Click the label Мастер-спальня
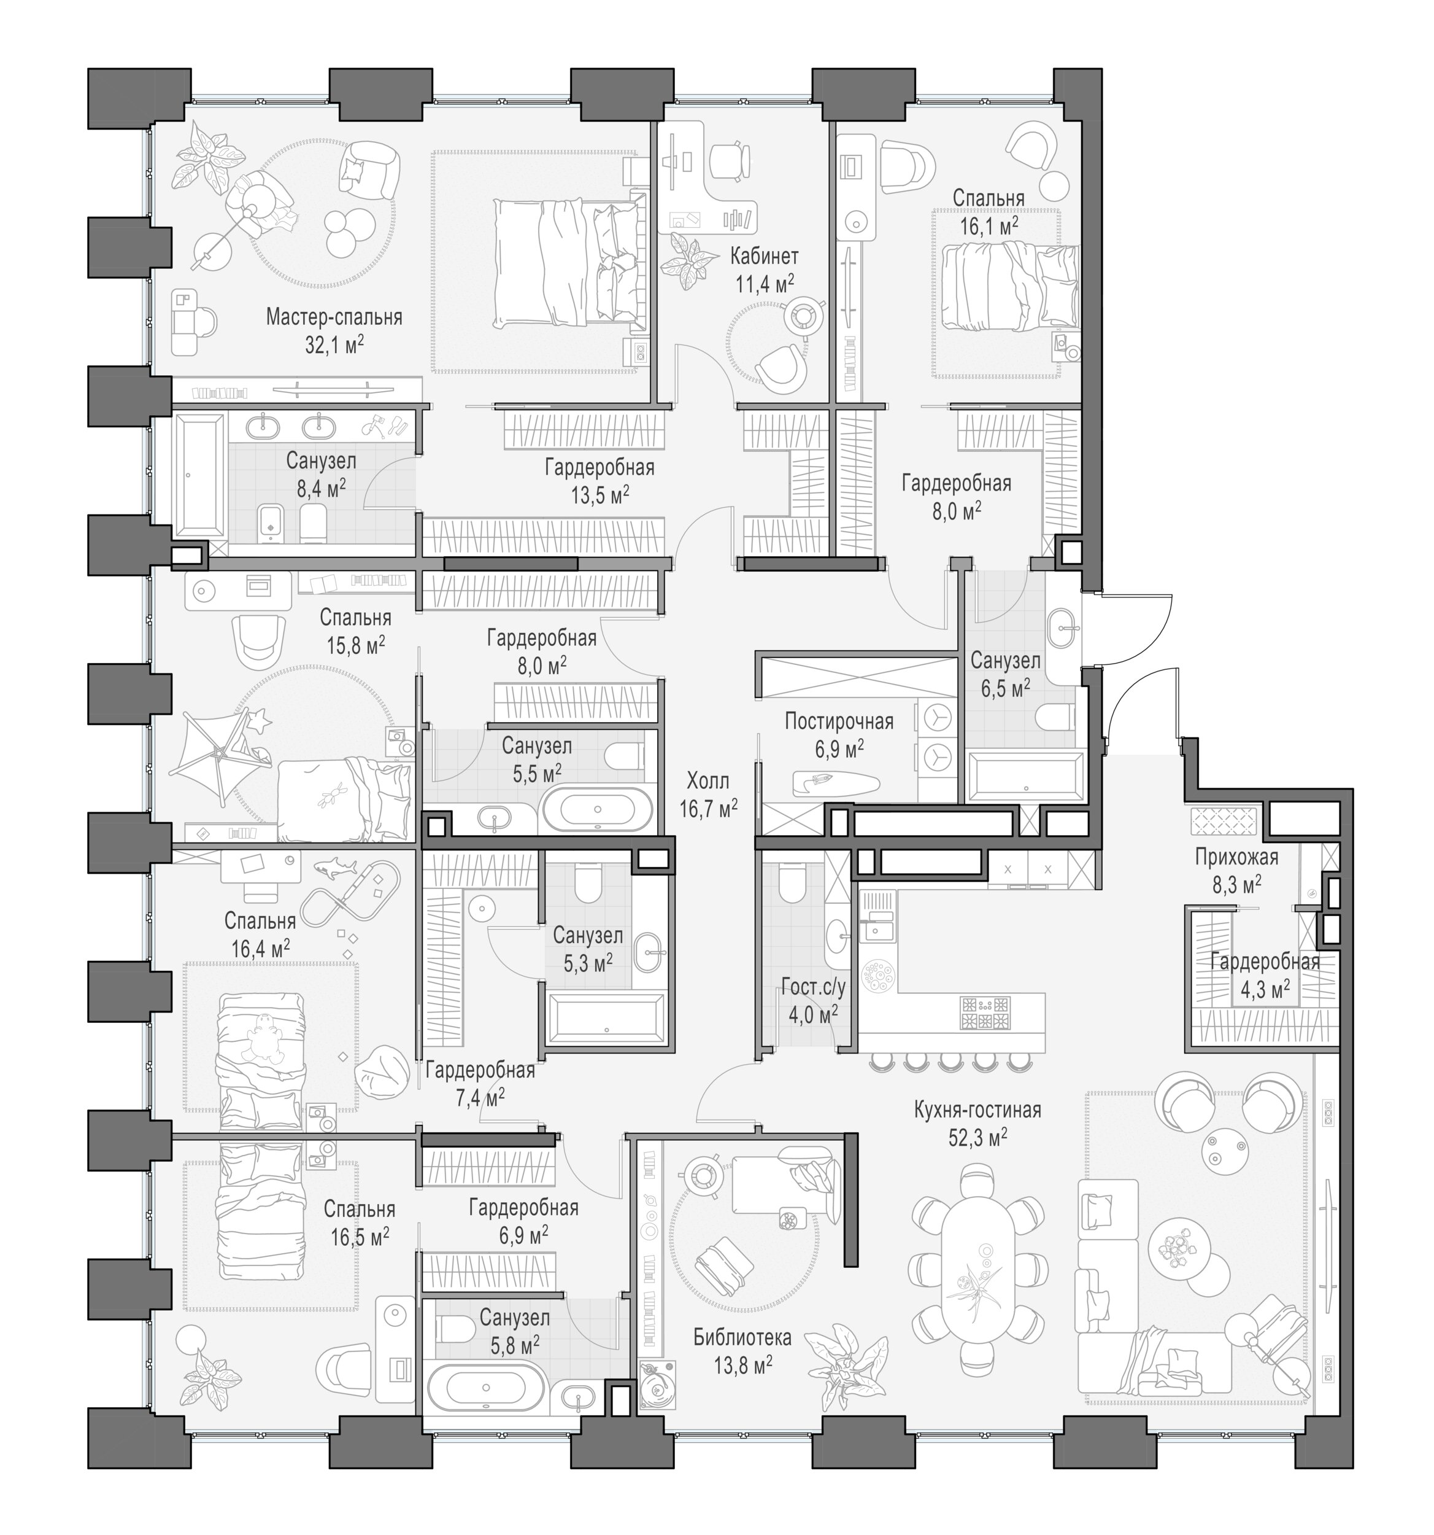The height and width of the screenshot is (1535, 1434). point(334,317)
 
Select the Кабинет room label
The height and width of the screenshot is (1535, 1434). point(764,255)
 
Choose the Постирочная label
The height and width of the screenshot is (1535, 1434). point(839,721)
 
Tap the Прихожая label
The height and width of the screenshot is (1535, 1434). point(1236,857)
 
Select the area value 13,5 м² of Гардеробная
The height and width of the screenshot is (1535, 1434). point(599,495)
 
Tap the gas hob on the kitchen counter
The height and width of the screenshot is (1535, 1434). point(985,1013)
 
